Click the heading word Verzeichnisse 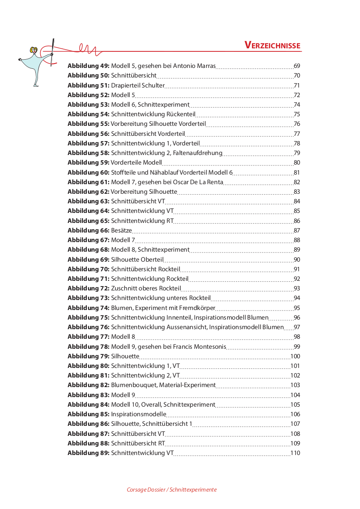(x=272, y=45)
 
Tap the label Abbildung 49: (x=88, y=66)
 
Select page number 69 (x=297, y=66)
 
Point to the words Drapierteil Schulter (x=138, y=85)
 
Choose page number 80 (x=297, y=163)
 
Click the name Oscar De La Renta (x=202, y=182)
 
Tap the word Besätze (x=122, y=230)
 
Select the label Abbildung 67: (x=88, y=240)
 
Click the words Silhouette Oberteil (x=137, y=260)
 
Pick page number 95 (x=297, y=308)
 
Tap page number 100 (x=295, y=356)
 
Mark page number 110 (x=295, y=453)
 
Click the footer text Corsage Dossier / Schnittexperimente (x=172, y=489)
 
